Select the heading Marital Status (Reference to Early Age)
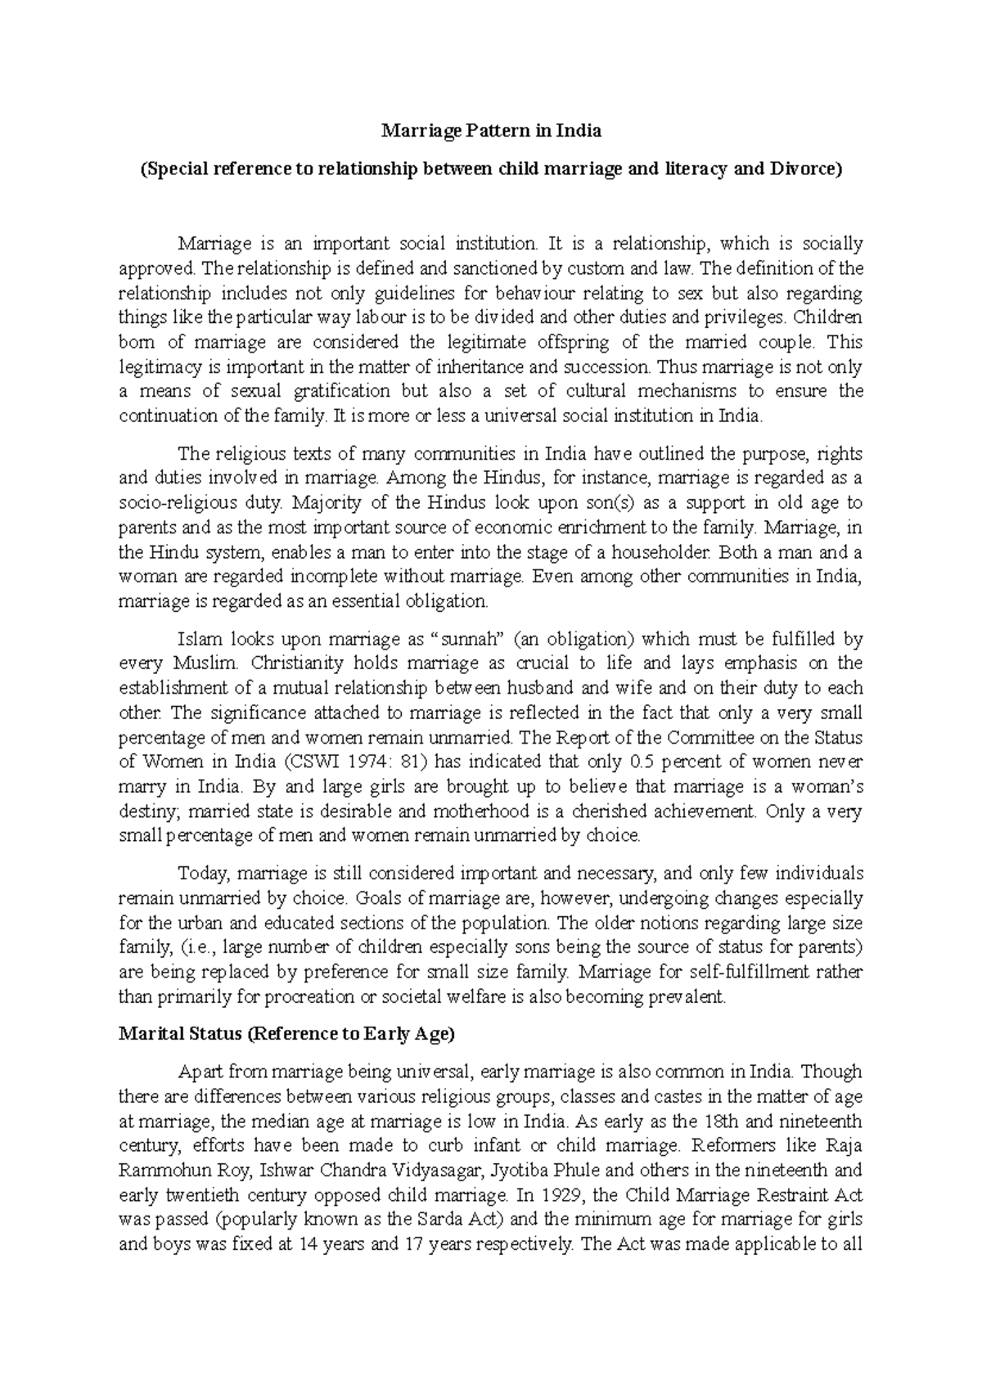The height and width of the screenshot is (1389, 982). (x=286, y=1034)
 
